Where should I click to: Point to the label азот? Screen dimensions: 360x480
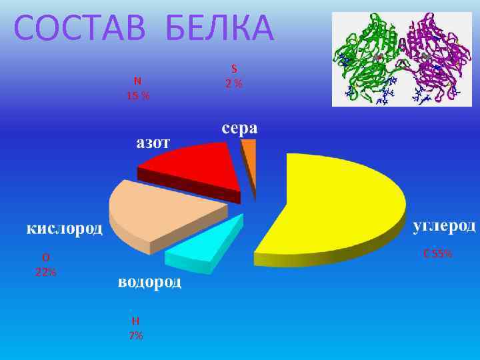(154, 143)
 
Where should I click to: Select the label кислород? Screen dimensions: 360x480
(65, 229)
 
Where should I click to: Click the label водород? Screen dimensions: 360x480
(149, 283)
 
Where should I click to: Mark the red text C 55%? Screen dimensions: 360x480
(438, 253)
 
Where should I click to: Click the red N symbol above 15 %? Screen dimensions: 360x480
(137, 81)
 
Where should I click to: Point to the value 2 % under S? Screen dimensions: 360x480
(234, 83)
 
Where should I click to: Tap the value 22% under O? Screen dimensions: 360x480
(45, 272)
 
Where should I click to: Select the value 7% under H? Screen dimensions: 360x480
(135, 335)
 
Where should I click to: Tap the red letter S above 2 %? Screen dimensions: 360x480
(234, 68)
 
